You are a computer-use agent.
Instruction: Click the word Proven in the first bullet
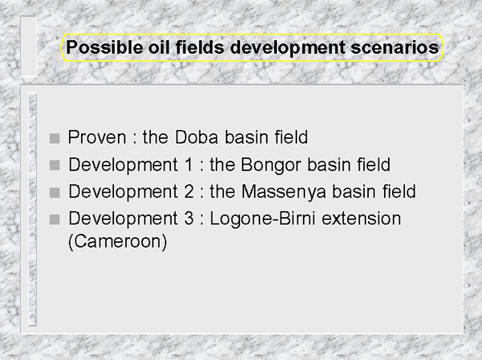[x=97, y=137]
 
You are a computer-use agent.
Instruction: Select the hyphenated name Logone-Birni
[x=263, y=219]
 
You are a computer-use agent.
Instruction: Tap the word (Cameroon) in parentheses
[x=117, y=242]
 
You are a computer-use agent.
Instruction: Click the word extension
[x=361, y=219]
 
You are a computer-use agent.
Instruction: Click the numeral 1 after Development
[x=189, y=165]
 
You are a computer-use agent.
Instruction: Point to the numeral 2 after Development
[x=189, y=192]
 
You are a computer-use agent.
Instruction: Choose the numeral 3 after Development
[x=189, y=219]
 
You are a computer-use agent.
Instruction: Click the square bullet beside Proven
[x=55, y=138]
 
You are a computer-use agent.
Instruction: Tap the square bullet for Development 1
[x=55, y=166]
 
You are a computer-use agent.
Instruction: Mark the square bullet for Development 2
[x=55, y=193]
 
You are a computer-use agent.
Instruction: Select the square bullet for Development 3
[x=55, y=220]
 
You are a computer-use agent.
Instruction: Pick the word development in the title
[x=288, y=47]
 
